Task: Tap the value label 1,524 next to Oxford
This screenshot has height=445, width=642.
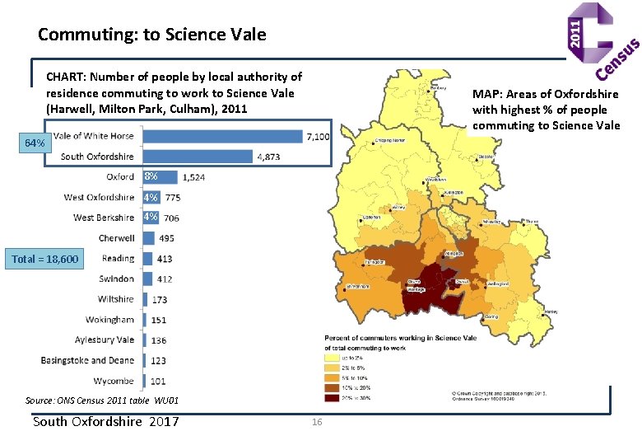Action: [193, 177]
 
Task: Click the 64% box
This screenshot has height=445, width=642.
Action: [35, 143]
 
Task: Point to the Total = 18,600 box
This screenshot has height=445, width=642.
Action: [45, 260]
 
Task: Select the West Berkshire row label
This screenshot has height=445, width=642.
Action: [103, 218]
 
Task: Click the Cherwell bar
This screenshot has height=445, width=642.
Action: [148, 238]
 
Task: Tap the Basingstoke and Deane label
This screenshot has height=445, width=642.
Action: [87, 361]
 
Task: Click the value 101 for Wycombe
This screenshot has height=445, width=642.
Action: [158, 382]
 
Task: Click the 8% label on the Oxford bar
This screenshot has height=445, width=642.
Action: [151, 177]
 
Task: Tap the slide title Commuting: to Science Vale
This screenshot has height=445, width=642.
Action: [152, 35]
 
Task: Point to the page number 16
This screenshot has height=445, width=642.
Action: [317, 423]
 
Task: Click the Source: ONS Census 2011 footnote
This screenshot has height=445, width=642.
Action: [101, 400]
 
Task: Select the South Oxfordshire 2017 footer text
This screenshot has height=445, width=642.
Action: [105, 422]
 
